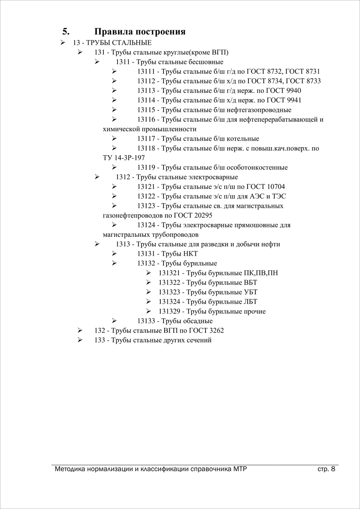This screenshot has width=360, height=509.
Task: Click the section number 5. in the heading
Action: [x=66, y=32]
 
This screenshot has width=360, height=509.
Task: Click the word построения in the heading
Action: [x=160, y=32]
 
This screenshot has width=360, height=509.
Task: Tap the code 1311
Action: [x=123, y=62]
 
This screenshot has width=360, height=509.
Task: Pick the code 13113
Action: [x=146, y=91]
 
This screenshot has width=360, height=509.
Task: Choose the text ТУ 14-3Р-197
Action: [x=124, y=158]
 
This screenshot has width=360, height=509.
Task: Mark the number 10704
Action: [x=276, y=187]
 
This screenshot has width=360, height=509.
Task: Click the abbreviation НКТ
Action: [x=190, y=254]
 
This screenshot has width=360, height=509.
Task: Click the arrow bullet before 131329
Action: [x=149, y=311]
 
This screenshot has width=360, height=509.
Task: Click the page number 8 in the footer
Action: [x=333, y=469]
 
